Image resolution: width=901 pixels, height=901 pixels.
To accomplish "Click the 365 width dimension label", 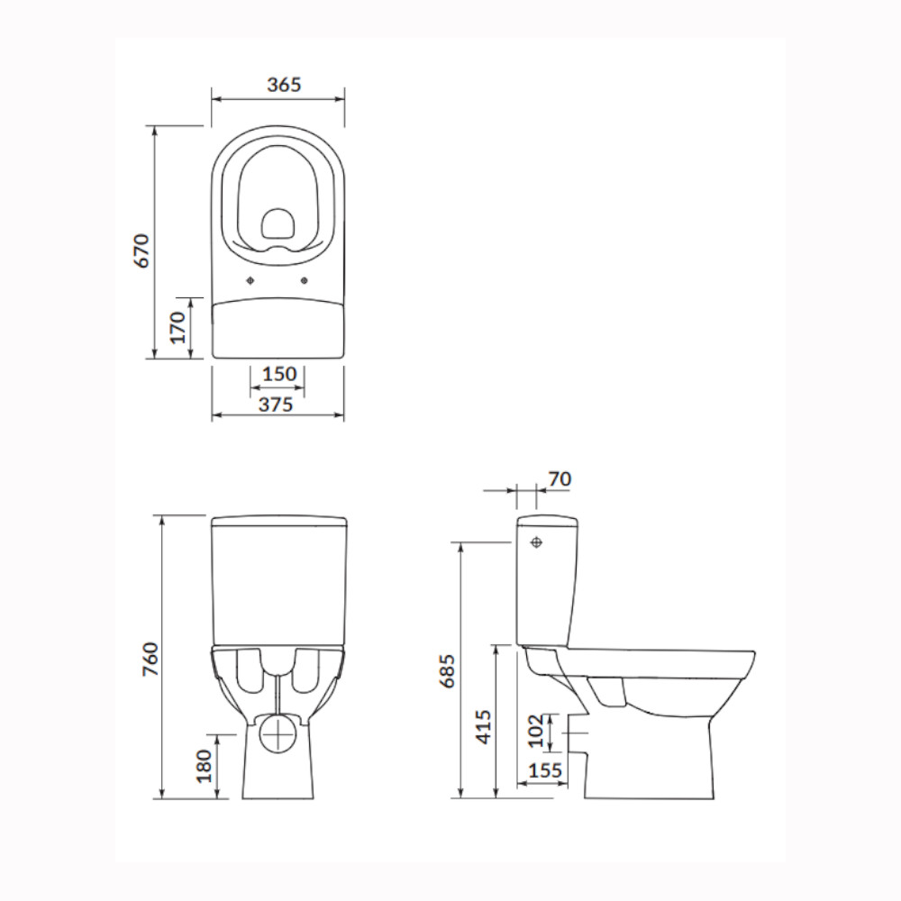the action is click(284, 85).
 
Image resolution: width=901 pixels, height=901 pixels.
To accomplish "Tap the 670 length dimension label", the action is click(141, 250).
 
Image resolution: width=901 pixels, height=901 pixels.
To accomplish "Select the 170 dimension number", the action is click(178, 328).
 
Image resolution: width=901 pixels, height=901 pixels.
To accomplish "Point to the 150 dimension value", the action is click(279, 374).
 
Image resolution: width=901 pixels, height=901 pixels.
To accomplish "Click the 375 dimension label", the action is click(276, 405).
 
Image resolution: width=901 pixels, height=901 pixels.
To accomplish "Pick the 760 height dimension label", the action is click(150, 660).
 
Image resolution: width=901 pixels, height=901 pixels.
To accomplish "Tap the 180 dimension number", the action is click(204, 766).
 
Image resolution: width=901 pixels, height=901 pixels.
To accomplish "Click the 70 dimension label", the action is click(560, 478).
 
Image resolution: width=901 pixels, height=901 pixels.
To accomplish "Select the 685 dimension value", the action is click(447, 670).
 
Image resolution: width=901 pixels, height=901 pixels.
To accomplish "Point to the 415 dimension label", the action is click(485, 727).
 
